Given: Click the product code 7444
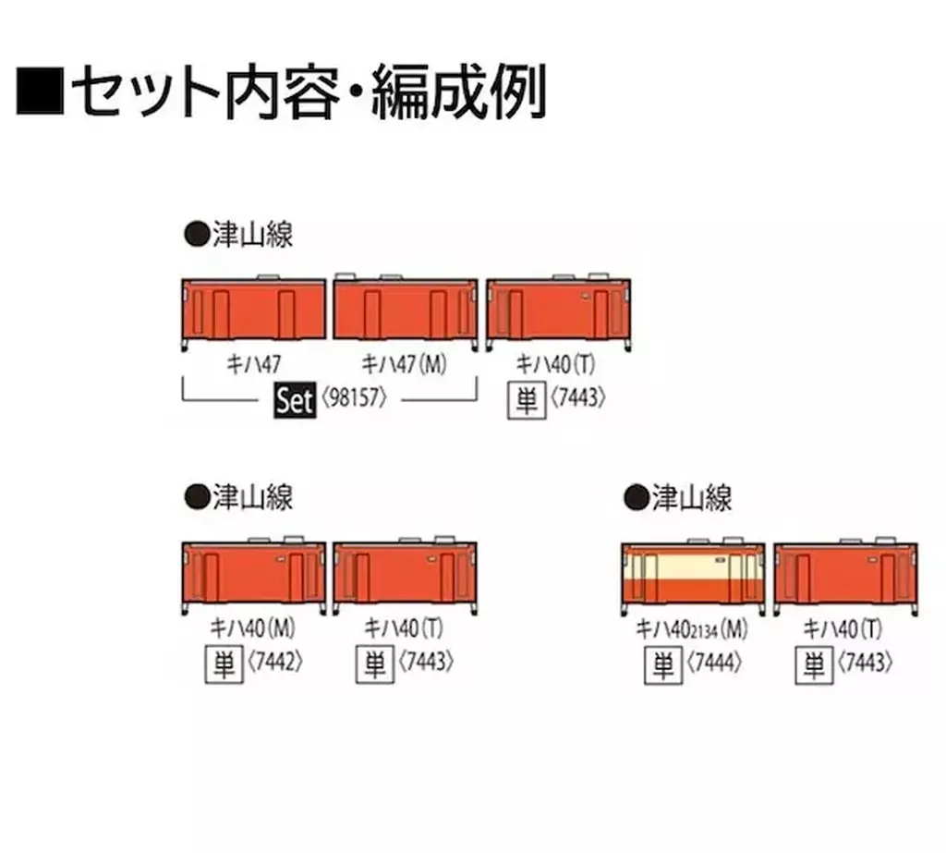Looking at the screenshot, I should [716, 664].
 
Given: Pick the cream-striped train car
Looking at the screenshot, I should [693, 574].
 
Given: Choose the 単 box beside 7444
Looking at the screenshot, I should [662, 664].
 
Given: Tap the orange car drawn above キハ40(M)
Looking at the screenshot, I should [255, 574].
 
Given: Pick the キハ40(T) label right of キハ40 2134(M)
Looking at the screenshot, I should [842, 628].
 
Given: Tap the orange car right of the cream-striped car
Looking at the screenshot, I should [844, 574].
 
